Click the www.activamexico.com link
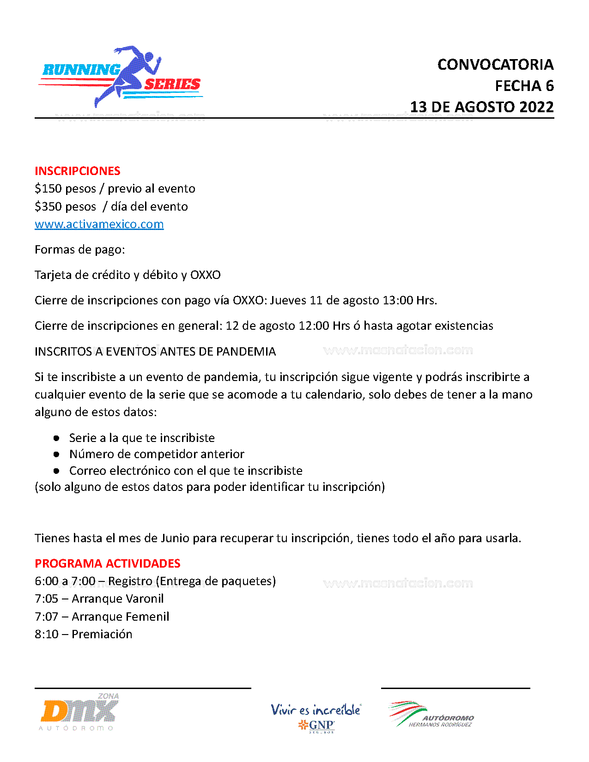tap(99, 224)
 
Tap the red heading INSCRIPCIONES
tap(77, 171)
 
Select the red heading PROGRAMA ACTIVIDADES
tap(107, 563)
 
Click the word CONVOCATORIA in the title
tap(495, 65)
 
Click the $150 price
tap(49, 189)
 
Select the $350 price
tap(49, 206)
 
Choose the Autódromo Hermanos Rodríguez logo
tap(431, 715)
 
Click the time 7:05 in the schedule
tap(46, 599)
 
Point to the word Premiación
tap(102, 635)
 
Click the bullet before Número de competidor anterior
tap(56, 454)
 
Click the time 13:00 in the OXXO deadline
tap(397, 301)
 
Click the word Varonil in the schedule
tap(143, 599)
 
